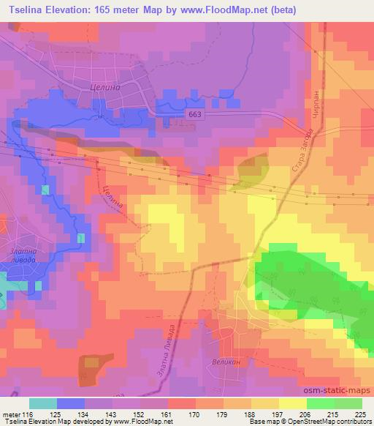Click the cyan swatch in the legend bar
tap(43, 403)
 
